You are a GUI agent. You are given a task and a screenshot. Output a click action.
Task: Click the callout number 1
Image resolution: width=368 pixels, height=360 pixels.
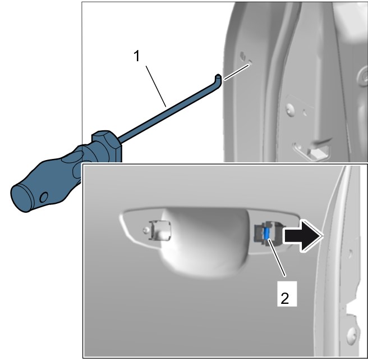(x=136, y=56)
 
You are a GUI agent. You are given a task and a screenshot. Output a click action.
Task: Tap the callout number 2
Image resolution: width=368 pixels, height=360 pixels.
(x=284, y=298)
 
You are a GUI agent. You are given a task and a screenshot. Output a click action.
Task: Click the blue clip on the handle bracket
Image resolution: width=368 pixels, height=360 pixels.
(x=266, y=233)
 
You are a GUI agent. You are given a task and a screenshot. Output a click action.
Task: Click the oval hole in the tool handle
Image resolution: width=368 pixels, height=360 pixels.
(x=44, y=197)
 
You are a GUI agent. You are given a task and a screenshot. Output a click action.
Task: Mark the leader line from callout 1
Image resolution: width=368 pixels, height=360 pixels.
(x=156, y=86)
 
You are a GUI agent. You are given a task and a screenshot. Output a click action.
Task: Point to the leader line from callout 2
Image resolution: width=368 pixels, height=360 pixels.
(x=277, y=257)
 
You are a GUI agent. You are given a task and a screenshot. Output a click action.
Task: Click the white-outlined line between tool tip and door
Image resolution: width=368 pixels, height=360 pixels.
(x=236, y=72)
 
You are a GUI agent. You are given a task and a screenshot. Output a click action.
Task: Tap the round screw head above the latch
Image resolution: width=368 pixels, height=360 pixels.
(x=291, y=110)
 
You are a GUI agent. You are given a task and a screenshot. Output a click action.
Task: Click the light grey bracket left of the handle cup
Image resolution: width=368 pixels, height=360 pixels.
(x=159, y=230)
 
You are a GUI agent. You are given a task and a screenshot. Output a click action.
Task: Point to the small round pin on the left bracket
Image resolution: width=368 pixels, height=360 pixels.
(x=146, y=230)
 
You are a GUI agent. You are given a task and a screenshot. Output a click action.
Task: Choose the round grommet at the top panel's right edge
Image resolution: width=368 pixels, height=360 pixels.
(x=364, y=78)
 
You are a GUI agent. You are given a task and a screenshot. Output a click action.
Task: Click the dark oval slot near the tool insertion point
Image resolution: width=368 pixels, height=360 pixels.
(x=243, y=56)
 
